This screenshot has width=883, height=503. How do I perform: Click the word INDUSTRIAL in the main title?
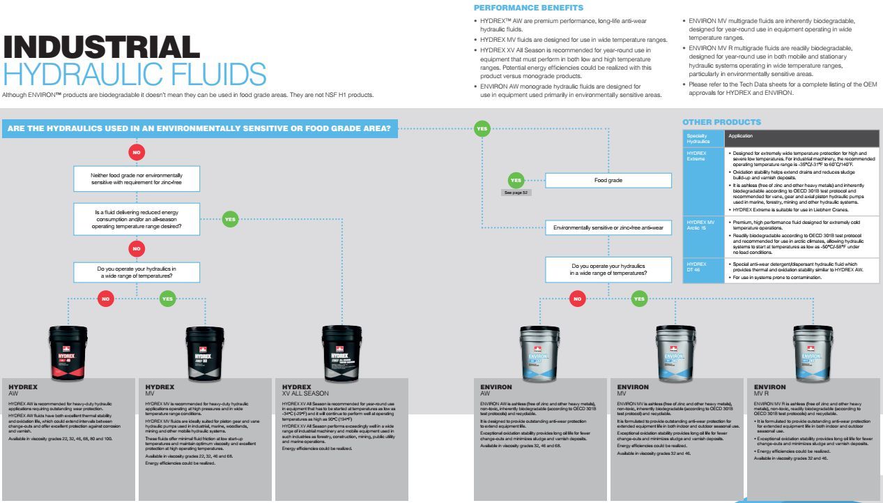[101, 47]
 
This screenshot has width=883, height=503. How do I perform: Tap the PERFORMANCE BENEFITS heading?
[528, 8]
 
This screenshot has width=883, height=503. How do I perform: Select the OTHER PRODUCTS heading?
[721, 122]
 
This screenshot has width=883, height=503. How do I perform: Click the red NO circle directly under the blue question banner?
[137, 151]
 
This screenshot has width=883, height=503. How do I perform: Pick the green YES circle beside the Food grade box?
[515, 181]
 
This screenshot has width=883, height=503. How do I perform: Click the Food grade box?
[608, 181]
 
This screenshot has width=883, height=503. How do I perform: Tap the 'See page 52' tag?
[516, 193]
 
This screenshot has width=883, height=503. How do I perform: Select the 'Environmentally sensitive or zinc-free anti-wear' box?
[608, 227]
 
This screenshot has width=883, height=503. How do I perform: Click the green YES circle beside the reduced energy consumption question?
[230, 219]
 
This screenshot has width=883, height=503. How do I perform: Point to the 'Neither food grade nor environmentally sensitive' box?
[137, 179]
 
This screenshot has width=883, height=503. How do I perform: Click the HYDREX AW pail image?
[68, 352]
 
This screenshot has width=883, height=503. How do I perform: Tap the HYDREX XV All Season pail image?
[341, 352]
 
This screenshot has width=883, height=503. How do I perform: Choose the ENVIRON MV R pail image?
[813, 353]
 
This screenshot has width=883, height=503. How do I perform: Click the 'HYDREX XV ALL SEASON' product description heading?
[305, 390]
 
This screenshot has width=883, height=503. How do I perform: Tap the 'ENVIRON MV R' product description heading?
[769, 390]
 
